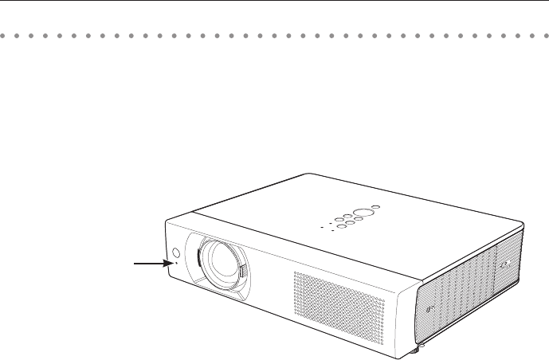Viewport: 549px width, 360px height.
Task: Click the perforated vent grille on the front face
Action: click(x=338, y=302)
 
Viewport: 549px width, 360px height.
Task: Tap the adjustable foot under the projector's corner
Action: click(x=416, y=348)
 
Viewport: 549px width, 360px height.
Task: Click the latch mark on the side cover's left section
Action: click(x=431, y=309)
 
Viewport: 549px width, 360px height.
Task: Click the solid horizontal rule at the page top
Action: click(x=274, y=2)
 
